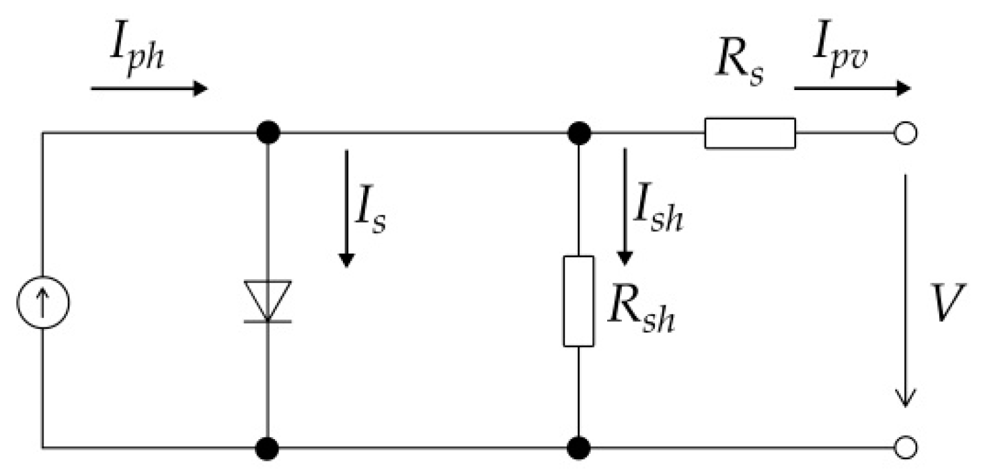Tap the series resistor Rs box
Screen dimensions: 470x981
coord(750,132)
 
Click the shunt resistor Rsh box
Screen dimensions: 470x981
coord(578,301)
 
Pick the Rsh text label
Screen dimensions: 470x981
coord(639,313)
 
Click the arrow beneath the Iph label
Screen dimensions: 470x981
coord(149,88)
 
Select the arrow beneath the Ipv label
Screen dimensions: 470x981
coord(853,88)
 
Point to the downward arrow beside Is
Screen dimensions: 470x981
coord(346,208)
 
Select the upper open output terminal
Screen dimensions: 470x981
coord(906,133)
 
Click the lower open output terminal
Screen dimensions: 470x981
coord(906,446)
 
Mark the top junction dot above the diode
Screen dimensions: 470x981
coord(268,132)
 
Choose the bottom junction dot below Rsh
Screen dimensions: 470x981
coord(578,446)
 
